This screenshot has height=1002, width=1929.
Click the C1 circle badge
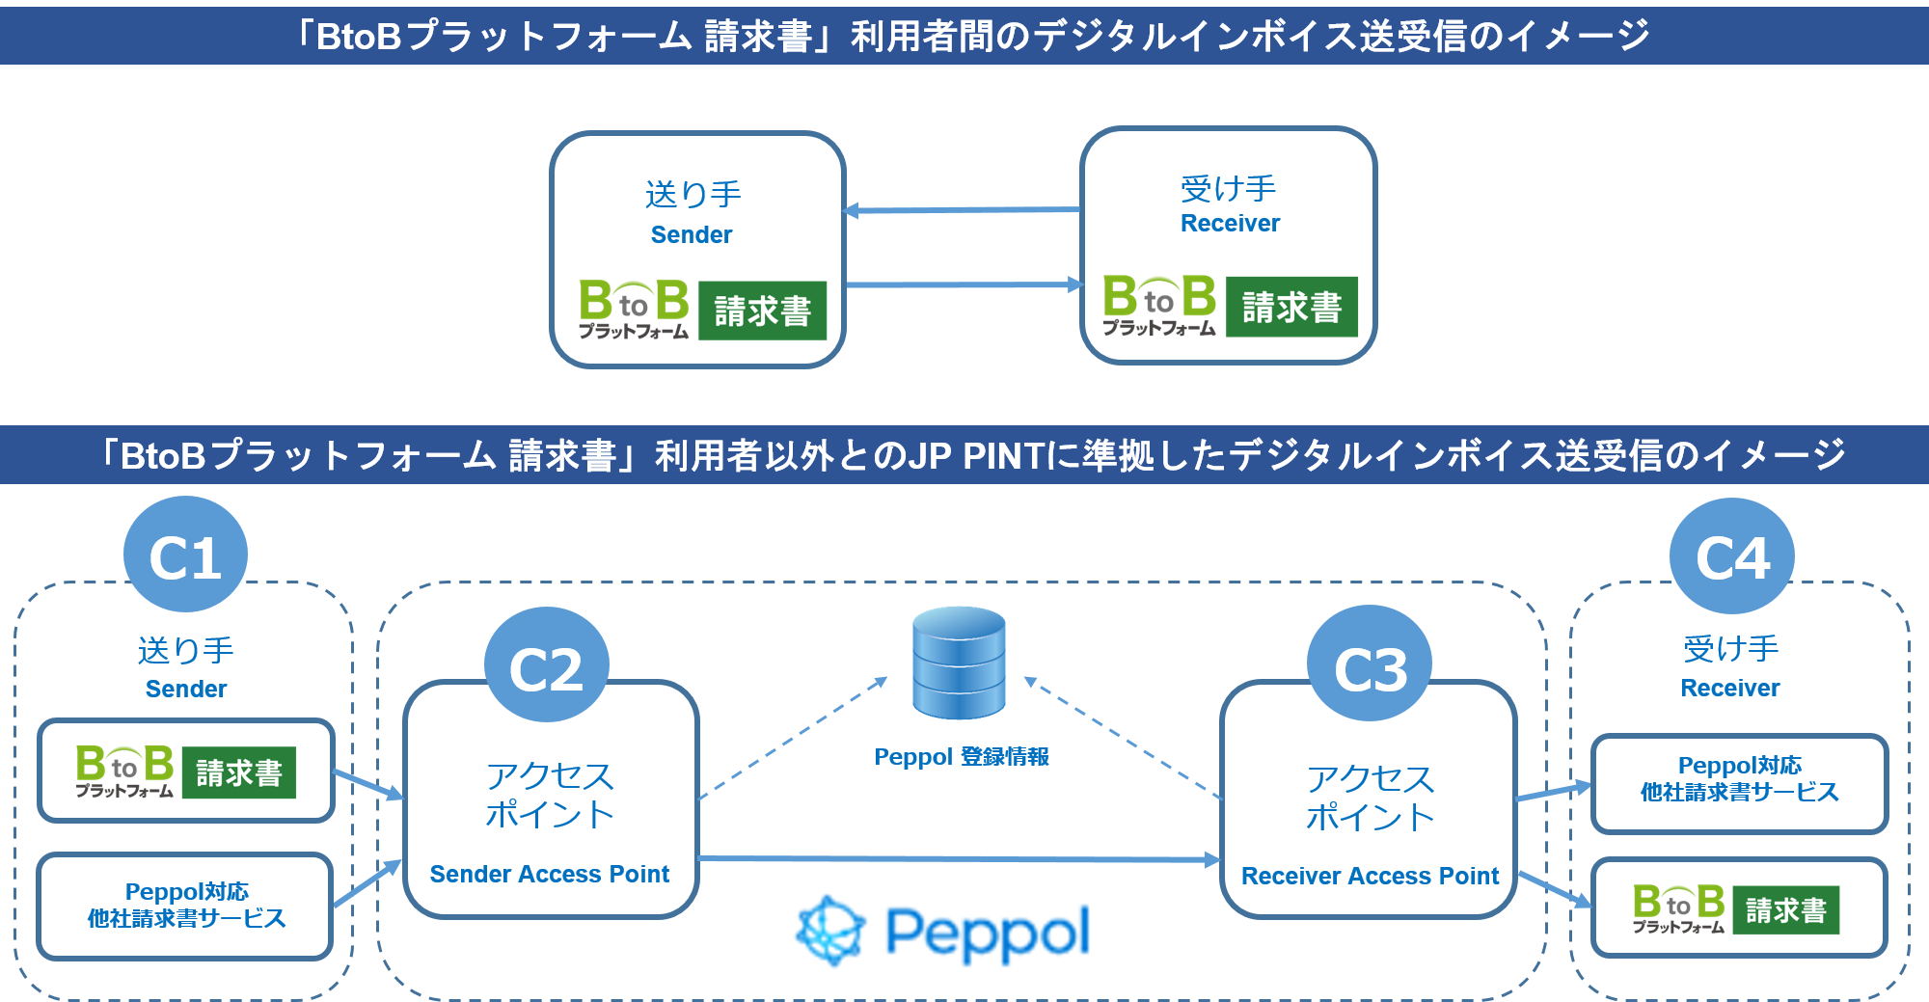click(x=185, y=555)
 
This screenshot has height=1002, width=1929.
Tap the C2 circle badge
click(x=546, y=666)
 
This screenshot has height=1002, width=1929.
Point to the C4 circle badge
click(x=1732, y=556)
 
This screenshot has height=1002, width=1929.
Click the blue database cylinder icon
click(x=959, y=663)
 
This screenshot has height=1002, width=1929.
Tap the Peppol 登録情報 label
click(x=961, y=757)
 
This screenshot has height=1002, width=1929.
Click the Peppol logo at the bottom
click(x=943, y=932)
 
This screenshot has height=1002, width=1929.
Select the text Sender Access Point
click(x=549, y=874)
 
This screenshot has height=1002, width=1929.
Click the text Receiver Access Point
click(x=1370, y=876)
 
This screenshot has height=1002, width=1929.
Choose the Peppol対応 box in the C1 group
click(x=186, y=906)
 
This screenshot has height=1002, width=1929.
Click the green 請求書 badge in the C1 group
click(x=238, y=772)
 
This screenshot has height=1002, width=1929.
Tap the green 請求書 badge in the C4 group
click(x=1785, y=910)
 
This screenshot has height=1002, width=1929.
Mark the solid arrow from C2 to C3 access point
click(x=959, y=858)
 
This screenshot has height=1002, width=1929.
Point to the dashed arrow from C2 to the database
click(x=793, y=738)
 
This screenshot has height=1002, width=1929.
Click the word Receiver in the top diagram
click(x=1230, y=223)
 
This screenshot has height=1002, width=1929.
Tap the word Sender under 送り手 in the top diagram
click(x=692, y=234)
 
